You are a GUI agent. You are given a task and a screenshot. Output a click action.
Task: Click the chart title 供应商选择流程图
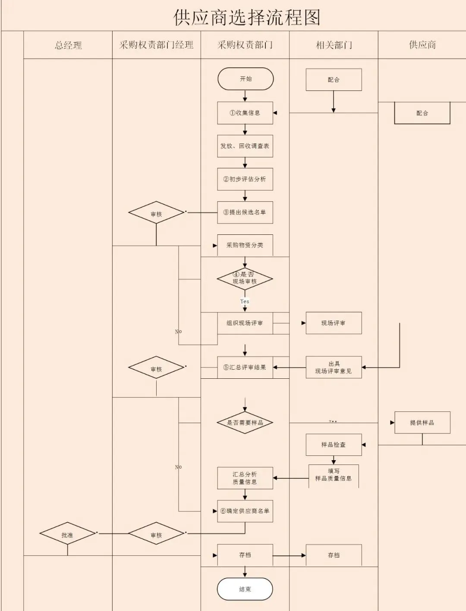(x=246, y=18)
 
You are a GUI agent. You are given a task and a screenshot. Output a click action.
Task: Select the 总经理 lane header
(x=68, y=45)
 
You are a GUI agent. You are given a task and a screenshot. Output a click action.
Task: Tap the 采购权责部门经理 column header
(x=156, y=45)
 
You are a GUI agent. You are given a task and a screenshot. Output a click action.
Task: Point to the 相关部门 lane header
(x=334, y=45)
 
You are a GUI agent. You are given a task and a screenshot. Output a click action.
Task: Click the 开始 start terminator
(x=246, y=79)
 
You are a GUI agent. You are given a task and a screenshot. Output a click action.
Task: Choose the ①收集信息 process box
(x=245, y=113)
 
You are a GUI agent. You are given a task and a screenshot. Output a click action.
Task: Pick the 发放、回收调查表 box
(x=245, y=146)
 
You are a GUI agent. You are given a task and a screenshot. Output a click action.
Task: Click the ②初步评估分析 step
(x=245, y=179)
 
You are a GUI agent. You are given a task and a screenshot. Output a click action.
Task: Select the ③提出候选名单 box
(x=245, y=212)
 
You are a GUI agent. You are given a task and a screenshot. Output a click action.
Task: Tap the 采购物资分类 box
(x=245, y=245)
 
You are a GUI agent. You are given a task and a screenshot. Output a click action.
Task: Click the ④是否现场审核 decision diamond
(x=245, y=278)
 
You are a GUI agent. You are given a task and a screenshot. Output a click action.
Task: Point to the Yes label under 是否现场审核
(x=245, y=301)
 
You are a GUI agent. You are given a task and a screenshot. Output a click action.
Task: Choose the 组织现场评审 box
(x=245, y=323)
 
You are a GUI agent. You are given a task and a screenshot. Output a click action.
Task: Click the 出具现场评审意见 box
(x=334, y=368)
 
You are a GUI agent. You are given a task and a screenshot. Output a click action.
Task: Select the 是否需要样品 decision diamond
(x=245, y=423)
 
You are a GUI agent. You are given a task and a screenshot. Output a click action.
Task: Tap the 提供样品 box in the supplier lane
(x=422, y=423)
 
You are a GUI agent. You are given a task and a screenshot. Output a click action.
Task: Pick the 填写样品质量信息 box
(x=334, y=475)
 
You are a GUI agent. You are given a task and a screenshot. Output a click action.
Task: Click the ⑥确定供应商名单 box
(x=245, y=511)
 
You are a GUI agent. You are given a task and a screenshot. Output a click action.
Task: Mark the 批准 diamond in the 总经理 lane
(x=67, y=535)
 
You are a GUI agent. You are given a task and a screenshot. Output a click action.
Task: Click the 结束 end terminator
(x=245, y=589)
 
